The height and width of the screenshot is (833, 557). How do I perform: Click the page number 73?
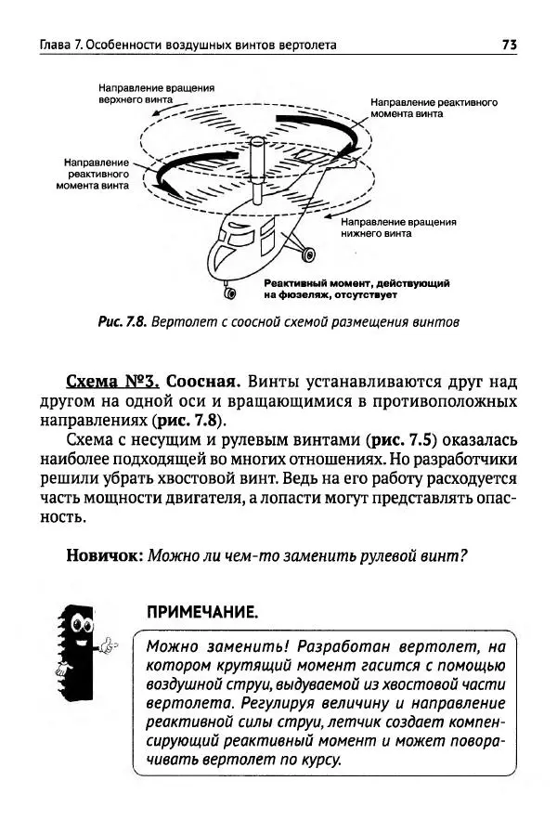[509, 45]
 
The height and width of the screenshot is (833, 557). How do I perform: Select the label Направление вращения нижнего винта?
[398, 229]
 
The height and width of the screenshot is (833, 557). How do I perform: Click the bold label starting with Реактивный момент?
[356, 288]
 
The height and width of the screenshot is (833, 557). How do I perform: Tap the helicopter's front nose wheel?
[229, 295]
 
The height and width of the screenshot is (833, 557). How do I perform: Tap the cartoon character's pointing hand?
[110, 644]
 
